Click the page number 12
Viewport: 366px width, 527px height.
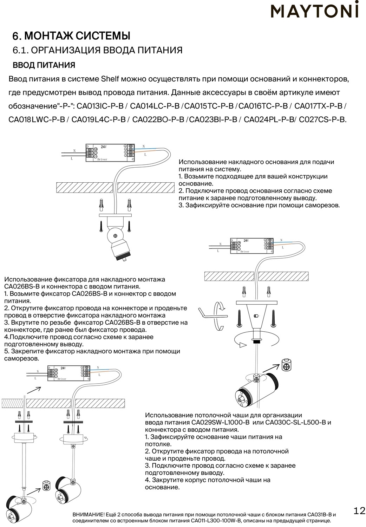coord(359,510)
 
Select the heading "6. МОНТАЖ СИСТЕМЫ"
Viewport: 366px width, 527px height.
coord(71,36)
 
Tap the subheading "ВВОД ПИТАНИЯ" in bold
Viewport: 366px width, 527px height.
coord(44,65)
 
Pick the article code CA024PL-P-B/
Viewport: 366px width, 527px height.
coord(270,119)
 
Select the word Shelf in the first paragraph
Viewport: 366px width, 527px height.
coord(111,79)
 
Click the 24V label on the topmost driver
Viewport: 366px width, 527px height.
coord(104,147)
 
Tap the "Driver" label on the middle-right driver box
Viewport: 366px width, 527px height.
coord(245,252)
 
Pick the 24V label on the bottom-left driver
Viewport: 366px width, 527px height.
coord(63,368)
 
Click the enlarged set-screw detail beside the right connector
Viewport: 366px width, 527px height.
coord(287,365)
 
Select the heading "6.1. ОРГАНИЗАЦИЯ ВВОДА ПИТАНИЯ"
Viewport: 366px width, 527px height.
coord(97,50)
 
